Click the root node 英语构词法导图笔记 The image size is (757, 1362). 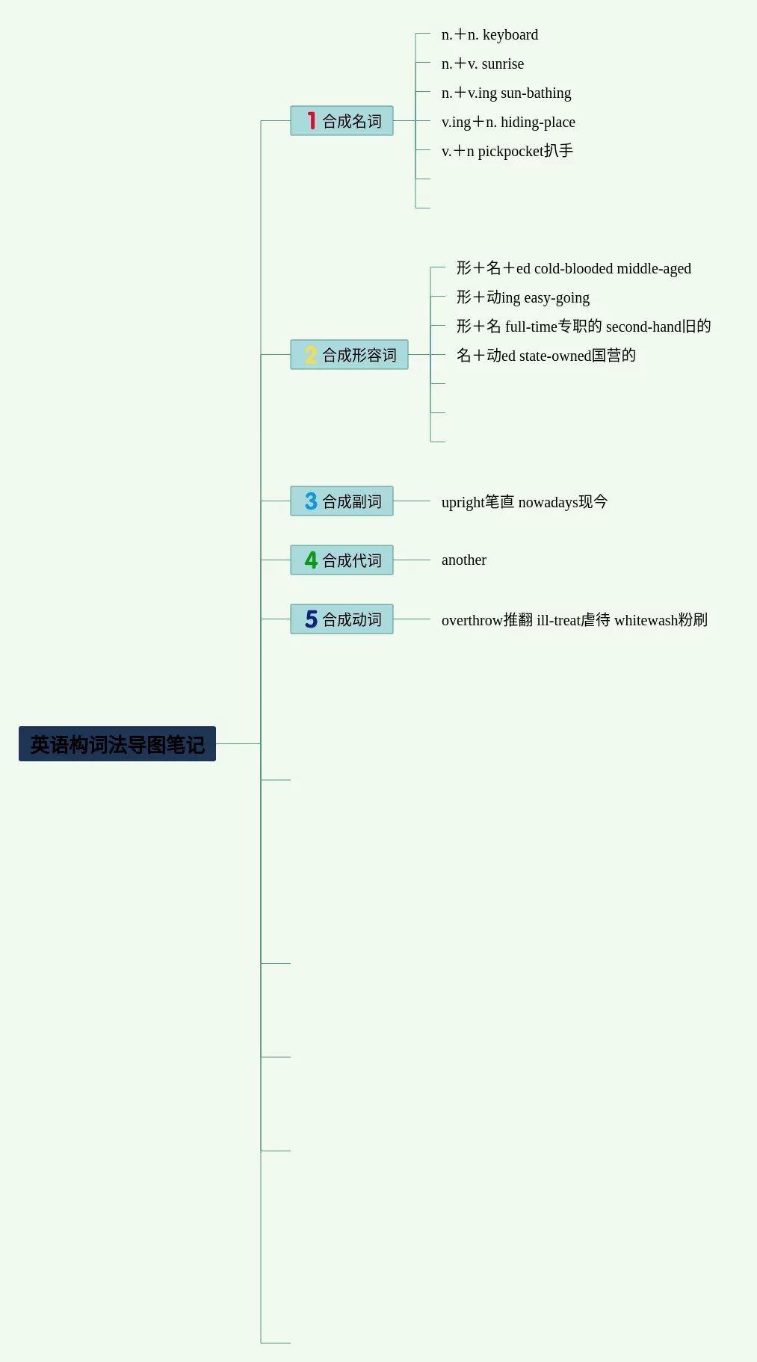[x=117, y=744]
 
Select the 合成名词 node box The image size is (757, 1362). [x=342, y=121]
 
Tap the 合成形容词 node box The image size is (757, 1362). [x=349, y=355]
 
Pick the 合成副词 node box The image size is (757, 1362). [x=342, y=501]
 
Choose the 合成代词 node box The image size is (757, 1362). [x=342, y=560]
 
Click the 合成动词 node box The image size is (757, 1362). [x=342, y=619]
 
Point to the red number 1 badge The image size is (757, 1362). [x=311, y=121]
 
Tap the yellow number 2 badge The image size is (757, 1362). [x=311, y=355]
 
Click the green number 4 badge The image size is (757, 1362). [x=311, y=560]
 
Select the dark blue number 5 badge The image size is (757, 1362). [x=311, y=619]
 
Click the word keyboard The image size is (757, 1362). [x=510, y=35]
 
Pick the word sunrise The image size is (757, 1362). [x=503, y=64]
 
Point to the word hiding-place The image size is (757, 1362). [x=538, y=123]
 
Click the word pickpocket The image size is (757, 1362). [x=510, y=152]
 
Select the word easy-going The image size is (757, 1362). [x=557, y=298]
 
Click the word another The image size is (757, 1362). [x=464, y=560]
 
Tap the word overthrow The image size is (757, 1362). [x=472, y=621]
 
